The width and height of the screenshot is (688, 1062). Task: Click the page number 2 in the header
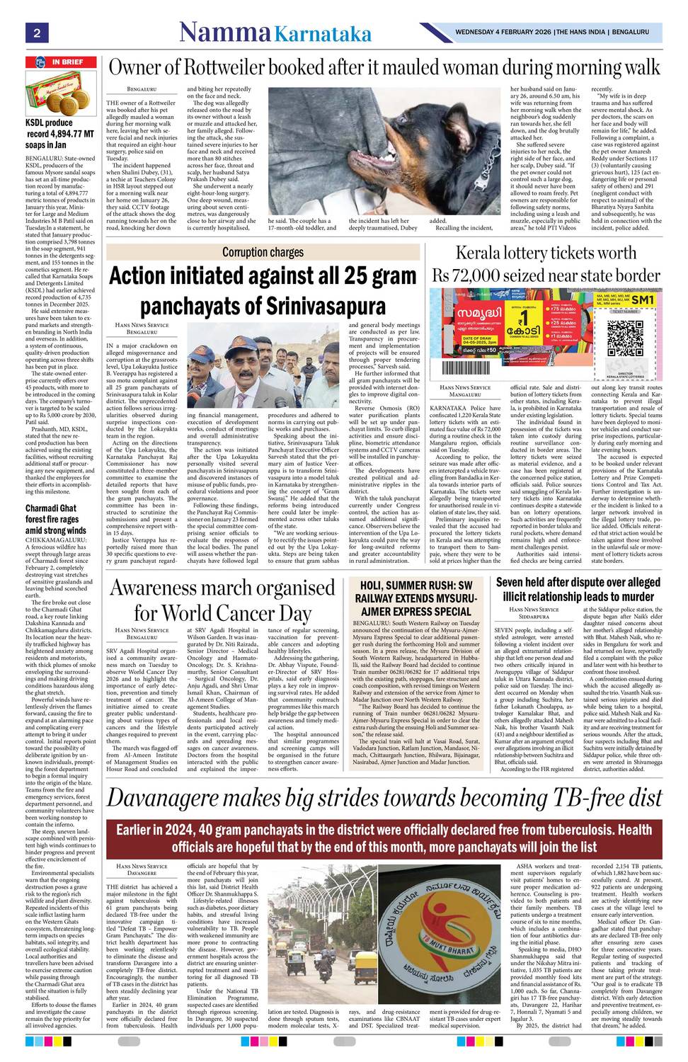pos(35,33)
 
